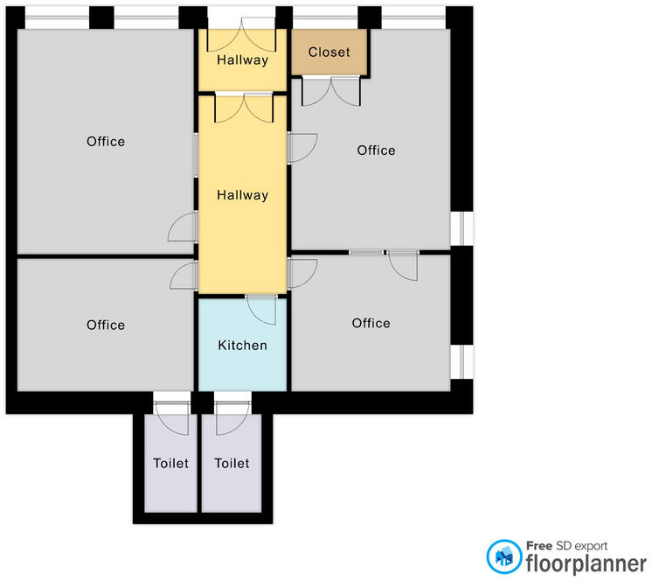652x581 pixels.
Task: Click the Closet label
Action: click(329, 52)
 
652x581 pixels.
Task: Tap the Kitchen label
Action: click(242, 345)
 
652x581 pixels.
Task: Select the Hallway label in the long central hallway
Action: click(242, 195)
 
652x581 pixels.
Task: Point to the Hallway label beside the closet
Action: click(242, 59)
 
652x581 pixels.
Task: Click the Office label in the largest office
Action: click(106, 142)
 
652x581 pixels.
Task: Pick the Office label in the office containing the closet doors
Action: click(376, 150)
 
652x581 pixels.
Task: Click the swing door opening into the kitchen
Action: click(261, 310)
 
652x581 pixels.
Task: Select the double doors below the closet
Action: click(331, 92)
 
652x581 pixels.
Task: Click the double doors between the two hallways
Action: click(244, 108)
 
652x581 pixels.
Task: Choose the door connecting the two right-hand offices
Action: click(403, 265)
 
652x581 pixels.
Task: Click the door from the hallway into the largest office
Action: click(183, 227)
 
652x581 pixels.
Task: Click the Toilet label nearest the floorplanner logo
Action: click(232, 463)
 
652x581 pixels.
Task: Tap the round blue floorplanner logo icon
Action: click(504, 556)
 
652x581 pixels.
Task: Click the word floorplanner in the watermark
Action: click(586, 564)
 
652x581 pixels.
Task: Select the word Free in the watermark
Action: click(539, 546)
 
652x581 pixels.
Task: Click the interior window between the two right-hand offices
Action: click(367, 253)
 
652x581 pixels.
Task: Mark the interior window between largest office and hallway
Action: click(196, 155)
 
